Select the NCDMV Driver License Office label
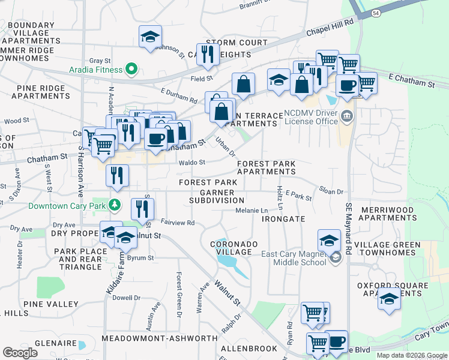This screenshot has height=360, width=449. [312, 117]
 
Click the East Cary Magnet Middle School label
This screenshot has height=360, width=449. [294, 257]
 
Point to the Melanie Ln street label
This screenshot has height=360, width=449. [252, 211]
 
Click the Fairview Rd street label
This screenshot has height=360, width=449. [178, 223]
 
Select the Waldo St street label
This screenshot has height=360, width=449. [191, 162]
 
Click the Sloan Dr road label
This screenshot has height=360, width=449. [331, 192]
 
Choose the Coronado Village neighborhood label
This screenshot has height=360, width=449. [234, 248]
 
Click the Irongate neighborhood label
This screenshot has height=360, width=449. [284, 220]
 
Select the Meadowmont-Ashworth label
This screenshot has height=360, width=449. [159, 338]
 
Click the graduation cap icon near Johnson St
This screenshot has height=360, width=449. [150, 37]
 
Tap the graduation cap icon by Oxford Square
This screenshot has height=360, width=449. [389, 299]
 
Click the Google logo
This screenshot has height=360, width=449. [20, 353]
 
